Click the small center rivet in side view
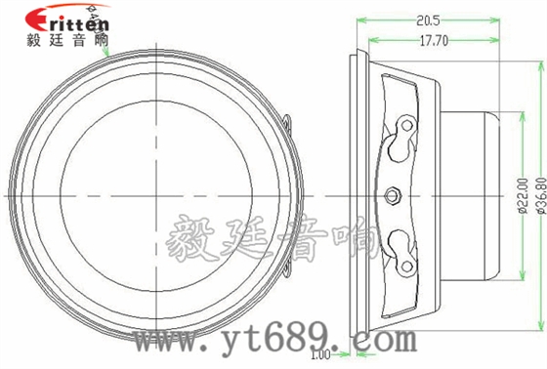coord(394,193)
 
